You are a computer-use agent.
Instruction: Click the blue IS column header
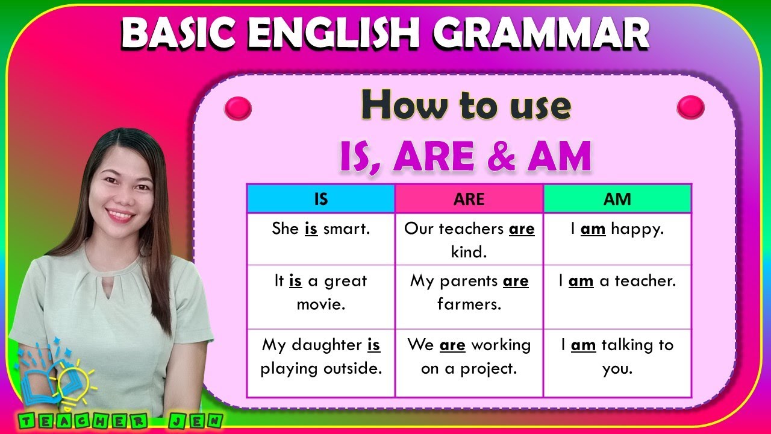tap(320, 199)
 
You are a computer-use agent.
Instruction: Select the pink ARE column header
tap(469, 199)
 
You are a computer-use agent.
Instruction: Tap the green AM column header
tap(617, 199)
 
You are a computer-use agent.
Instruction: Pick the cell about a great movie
tap(320, 292)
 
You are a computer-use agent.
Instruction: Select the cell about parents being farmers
tap(469, 292)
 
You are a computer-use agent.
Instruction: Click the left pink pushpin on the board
tap(237, 108)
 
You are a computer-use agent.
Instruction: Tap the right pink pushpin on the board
tap(690, 108)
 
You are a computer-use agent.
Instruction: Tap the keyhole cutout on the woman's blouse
tap(108, 288)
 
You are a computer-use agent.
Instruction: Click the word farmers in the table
tap(469, 304)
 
